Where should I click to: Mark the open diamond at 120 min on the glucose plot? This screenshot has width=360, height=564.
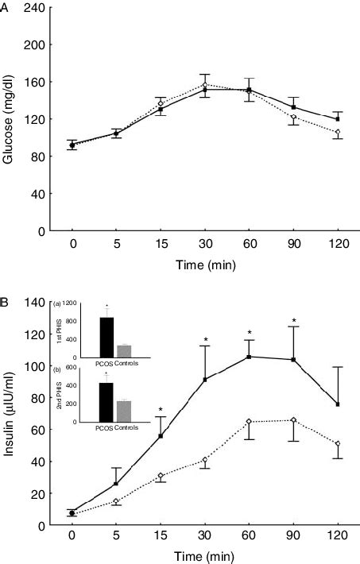[339, 132]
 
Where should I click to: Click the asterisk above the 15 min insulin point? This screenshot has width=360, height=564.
[161, 411]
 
